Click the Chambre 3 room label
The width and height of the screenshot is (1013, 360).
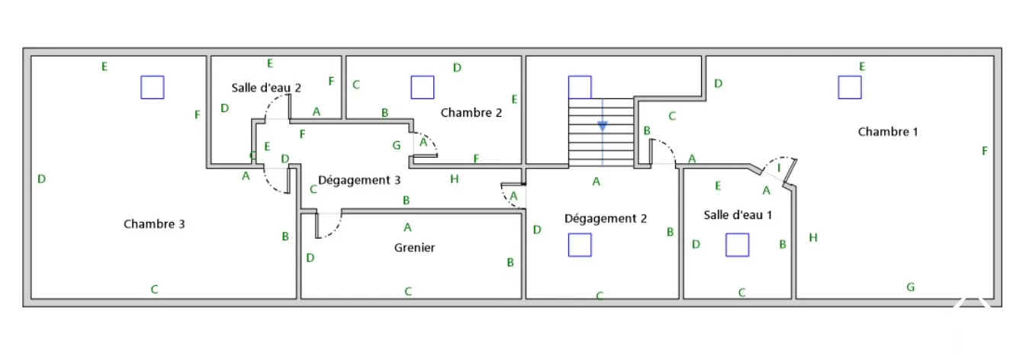[x=154, y=224]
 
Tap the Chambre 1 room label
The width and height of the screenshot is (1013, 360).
[x=888, y=132]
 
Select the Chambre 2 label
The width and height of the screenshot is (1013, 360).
[x=471, y=113]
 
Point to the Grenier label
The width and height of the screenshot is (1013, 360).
[x=414, y=248]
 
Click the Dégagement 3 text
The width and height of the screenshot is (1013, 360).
[x=359, y=181]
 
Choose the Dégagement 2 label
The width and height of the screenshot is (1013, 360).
[x=606, y=219]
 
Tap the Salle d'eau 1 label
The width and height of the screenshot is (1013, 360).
[x=738, y=215]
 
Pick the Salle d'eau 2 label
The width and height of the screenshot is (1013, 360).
[x=266, y=88]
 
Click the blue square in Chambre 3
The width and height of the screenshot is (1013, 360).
[x=153, y=87]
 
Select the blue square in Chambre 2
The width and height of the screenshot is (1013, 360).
[x=422, y=87]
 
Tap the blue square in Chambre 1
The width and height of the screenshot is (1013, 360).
[x=850, y=87]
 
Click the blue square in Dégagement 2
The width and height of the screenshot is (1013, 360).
[x=580, y=245]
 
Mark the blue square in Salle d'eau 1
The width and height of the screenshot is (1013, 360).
[x=737, y=245]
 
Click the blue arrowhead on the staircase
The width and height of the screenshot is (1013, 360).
[x=603, y=127]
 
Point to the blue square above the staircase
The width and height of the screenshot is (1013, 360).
[x=580, y=87]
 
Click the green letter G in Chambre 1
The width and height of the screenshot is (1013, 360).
[x=911, y=288]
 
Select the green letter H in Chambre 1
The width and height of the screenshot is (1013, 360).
[x=813, y=238]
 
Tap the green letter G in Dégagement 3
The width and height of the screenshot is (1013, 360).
[x=397, y=145]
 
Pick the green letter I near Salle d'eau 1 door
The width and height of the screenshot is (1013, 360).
[x=779, y=168]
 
